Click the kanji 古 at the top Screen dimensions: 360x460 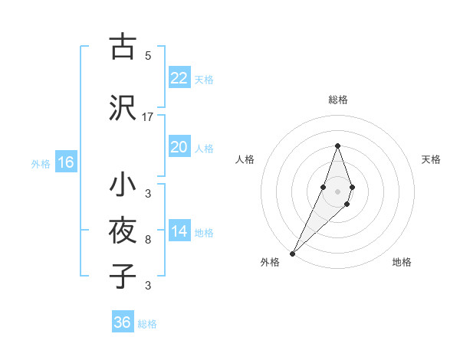pos(122,47)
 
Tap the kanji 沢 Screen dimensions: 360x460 pos(122,108)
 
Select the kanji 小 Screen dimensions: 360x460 pos(122,185)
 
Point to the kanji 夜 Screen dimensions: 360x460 pos(122,231)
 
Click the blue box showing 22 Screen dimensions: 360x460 pos(179,78)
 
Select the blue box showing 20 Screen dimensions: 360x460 pos(179,147)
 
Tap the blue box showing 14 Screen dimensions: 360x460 pos(179,231)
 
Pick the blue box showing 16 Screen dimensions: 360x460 pos(66,162)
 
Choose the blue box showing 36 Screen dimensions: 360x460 pos(123,322)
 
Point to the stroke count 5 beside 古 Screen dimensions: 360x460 pos(148,55)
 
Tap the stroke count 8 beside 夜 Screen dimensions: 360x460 pos(148,240)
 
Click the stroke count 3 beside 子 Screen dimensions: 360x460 pos(148,286)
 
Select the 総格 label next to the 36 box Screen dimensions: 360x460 pos(147,324)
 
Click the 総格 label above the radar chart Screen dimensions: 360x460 pos(338,100)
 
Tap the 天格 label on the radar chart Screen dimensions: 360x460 pos(432,159)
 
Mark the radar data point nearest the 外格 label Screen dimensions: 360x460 pos(292,253)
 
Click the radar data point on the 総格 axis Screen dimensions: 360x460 pos(337,146)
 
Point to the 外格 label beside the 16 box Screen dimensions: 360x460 pos(41,163)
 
